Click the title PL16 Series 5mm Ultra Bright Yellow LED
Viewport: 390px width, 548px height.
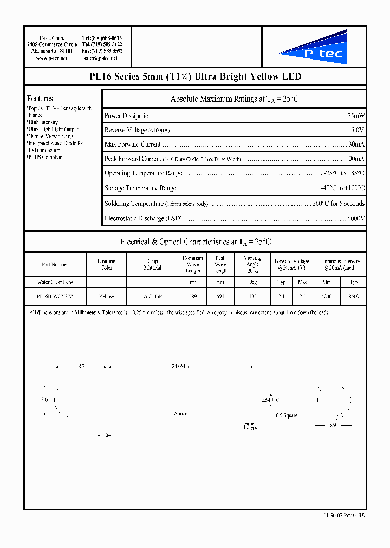[195, 77]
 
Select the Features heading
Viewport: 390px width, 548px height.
[40, 99]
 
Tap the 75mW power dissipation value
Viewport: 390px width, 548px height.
[356, 116]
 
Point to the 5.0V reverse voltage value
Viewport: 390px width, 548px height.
[357, 130]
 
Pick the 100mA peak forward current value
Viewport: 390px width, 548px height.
[355, 159]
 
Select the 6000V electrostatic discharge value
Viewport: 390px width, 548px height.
[355, 218]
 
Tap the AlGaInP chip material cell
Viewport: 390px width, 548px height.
[153, 296]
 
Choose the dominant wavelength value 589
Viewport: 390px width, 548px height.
[193, 296]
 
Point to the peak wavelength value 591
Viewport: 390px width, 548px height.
[220, 296]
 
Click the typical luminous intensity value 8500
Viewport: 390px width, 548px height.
[354, 296]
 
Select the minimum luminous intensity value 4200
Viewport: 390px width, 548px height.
[326, 296]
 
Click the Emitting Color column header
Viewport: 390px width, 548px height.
[106, 264]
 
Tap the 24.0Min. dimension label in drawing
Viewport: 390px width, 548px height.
[181, 367]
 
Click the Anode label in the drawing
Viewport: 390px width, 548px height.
[181, 414]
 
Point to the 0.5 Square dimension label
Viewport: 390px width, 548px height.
[287, 415]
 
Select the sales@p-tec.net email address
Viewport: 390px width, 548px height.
[100, 58]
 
